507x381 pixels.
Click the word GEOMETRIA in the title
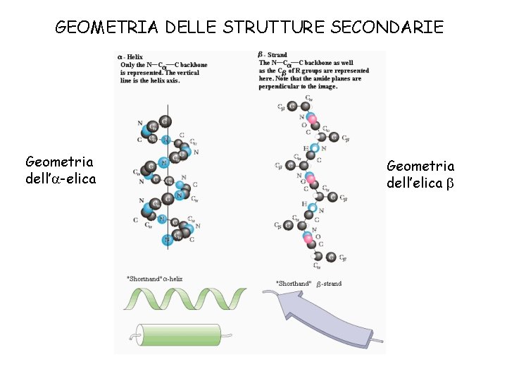point(108,28)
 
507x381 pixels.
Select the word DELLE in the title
point(193,28)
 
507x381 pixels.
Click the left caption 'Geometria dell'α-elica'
point(60,171)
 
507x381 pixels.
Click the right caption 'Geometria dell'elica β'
point(420,174)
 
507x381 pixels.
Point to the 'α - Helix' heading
point(131,56)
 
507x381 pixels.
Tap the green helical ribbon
point(184,298)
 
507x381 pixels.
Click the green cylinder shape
point(177,332)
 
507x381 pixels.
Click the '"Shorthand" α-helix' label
point(154,279)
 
